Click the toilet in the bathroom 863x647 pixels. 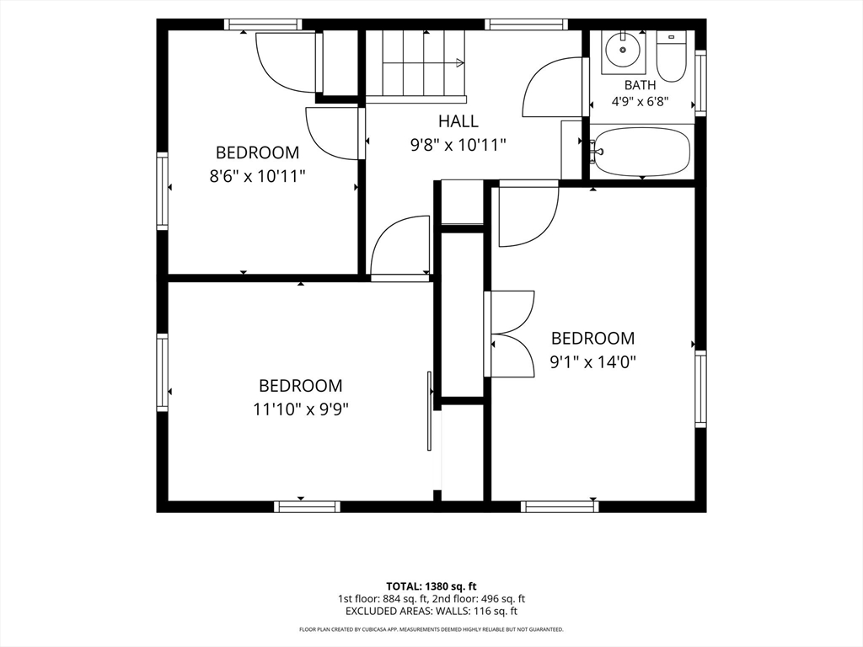(x=671, y=56)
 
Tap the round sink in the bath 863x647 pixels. (x=623, y=50)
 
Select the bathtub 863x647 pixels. (x=641, y=152)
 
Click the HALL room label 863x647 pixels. (x=458, y=120)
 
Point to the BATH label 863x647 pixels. (x=641, y=85)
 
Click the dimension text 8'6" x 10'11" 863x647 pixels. (x=258, y=177)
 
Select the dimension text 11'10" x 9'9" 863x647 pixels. (x=301, y=410)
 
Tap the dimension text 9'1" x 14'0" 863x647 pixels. (x=593, y=362)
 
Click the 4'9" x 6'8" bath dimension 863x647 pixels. (x=641, y=102)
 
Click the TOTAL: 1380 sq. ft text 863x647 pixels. (x=431, y=586)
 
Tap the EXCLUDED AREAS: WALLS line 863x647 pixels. (x=431, y=612)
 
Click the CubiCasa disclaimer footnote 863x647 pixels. (x=431, y=629)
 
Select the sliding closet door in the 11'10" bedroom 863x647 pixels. (x=429, y=411)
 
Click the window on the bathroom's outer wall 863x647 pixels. (x=700, y=83)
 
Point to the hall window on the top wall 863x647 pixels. (x=526, y=24)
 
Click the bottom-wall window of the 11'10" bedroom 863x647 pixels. (x=307, y=506)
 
